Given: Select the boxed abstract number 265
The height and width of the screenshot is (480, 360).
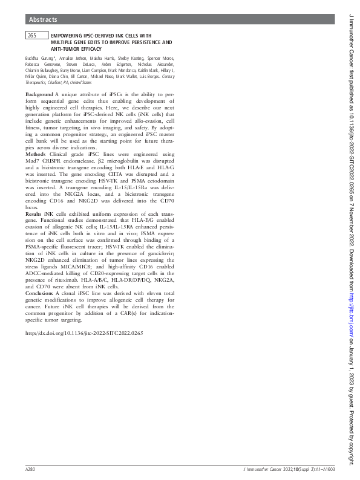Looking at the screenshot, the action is pyautogui.click(x=33, y=36).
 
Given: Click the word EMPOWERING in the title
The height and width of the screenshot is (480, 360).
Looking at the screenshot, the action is pyautogui.click(x=68, y=36).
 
